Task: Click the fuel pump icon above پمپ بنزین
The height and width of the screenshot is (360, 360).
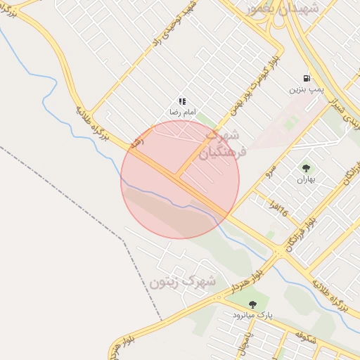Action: [x=307, y=79]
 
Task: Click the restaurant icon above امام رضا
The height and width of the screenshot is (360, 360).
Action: [x=182, y=101]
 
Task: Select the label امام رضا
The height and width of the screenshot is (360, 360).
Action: [x=181, y=112]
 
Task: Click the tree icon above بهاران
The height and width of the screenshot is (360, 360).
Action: [x=306, y=168]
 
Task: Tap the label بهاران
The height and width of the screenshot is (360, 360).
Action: [x=306, y=179]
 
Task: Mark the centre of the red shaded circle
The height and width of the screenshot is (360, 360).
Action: [x=180, y=179]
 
